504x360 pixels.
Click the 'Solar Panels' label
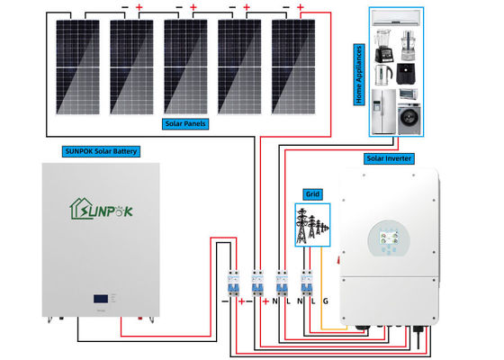pyautogui.click(x=184, y=123)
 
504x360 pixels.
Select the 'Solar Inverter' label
pyautogui.click(x=388, y=158)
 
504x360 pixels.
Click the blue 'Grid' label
pyautogui.click(x=313, y=193)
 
